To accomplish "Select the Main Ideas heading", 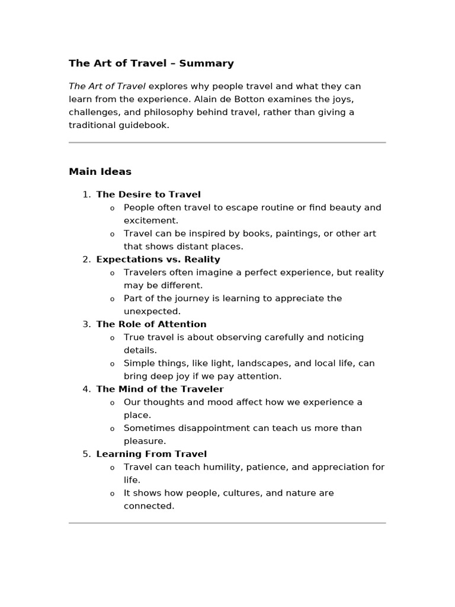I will tap(100, 172).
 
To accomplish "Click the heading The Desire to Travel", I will tap(148, 194).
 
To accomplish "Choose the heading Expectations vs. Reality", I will tap(158, 259).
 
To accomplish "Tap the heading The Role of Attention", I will tap(151, 324).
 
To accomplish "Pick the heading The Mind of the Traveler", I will tap(160, 389).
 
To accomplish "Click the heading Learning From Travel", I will tap(151, 454).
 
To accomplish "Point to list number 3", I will tap(86, 324).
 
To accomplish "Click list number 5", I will tap(86, 454).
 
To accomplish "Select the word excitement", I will tap(150, 221).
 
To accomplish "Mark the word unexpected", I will tap(152, 311).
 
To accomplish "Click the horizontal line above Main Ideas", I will tap(227, 143).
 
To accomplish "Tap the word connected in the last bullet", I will tap(149, 506).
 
